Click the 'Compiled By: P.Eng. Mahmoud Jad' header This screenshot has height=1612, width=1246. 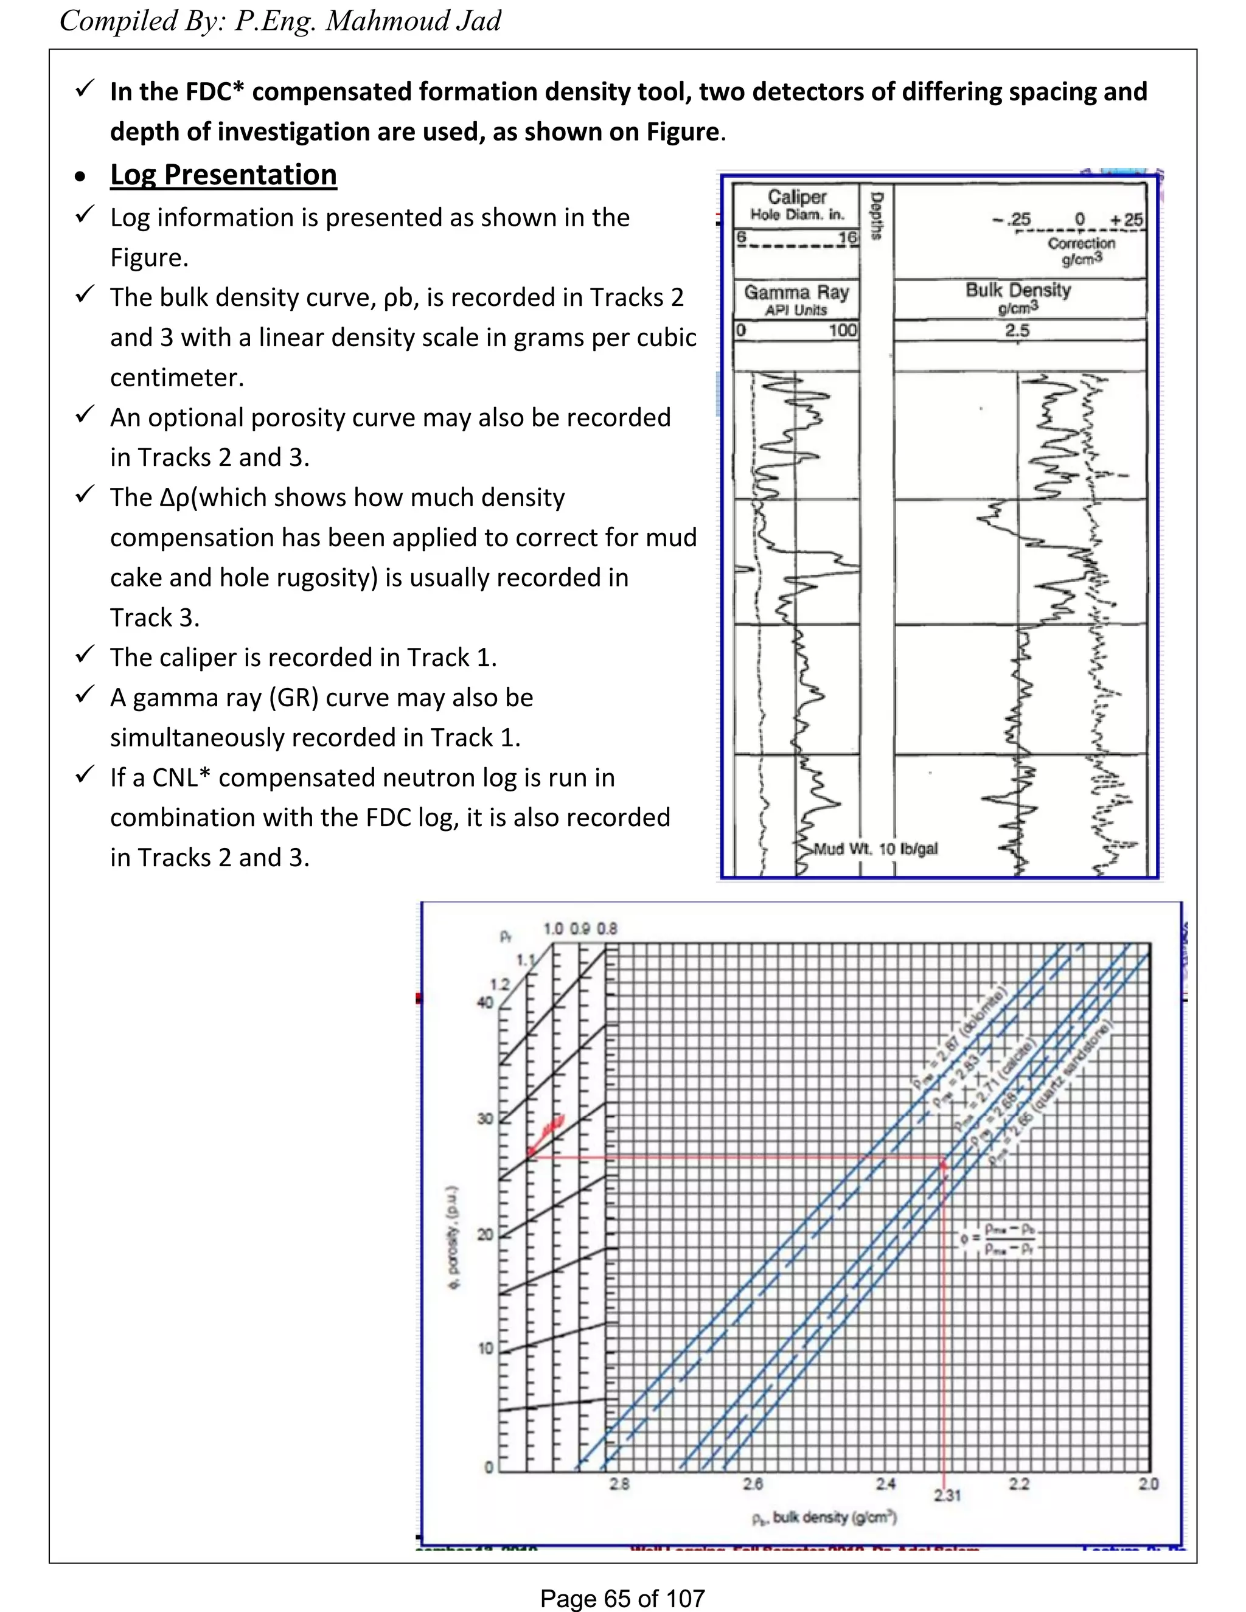pos(280,21)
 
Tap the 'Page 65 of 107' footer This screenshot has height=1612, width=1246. pos(622,1598)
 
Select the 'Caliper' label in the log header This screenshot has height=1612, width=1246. pos(796,197)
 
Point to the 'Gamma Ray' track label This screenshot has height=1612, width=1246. pos(796,292)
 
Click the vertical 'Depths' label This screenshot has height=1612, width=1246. pos(877,215)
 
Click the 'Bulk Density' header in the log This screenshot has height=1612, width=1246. pos(1018,290)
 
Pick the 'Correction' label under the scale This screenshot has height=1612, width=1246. pos(1081,243)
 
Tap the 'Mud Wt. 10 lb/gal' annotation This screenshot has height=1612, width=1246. pos(875,849)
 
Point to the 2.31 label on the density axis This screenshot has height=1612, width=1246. pos(947,1495)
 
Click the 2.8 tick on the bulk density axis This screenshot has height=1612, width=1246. pos(619,1484)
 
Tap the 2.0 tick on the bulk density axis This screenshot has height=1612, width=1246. pos(1148,1484)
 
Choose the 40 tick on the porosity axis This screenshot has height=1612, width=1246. pos(485,1002)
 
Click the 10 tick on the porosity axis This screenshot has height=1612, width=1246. pos(485,1349)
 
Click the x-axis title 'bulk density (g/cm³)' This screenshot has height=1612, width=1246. pos(824,1518)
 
